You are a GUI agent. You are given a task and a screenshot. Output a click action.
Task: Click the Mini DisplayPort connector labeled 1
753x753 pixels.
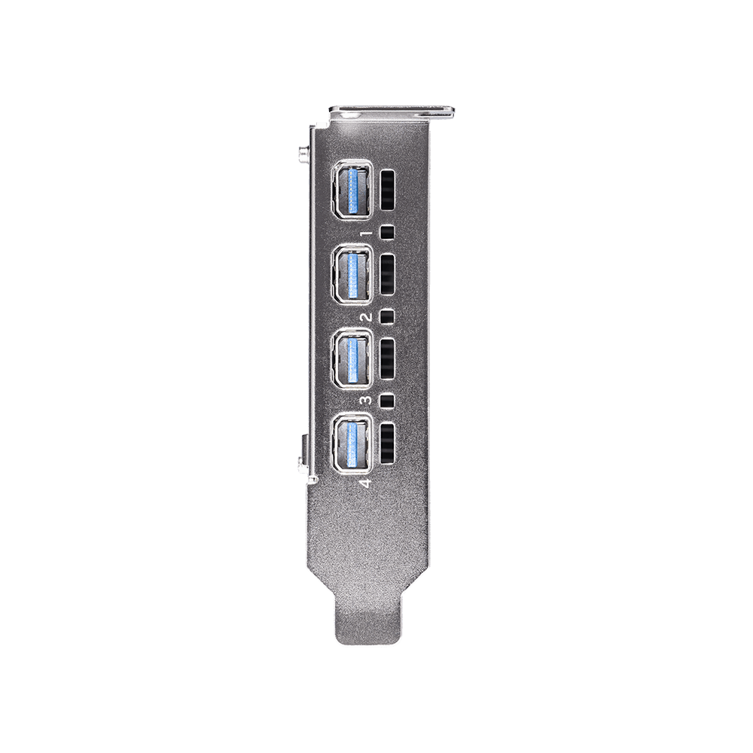coord(352,190)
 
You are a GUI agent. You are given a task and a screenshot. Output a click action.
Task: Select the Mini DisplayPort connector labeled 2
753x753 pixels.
coord(352,274)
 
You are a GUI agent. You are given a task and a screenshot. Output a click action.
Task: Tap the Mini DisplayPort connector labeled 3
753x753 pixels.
coord(352,358)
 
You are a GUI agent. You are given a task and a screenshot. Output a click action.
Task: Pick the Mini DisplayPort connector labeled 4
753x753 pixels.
coord(352,442)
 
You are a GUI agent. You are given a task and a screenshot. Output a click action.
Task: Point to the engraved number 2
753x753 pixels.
coord(367,317)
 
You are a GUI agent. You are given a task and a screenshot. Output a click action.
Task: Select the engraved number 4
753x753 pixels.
coord(366,483)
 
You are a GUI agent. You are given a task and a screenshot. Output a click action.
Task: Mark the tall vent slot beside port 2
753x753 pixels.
coord(387,274)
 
